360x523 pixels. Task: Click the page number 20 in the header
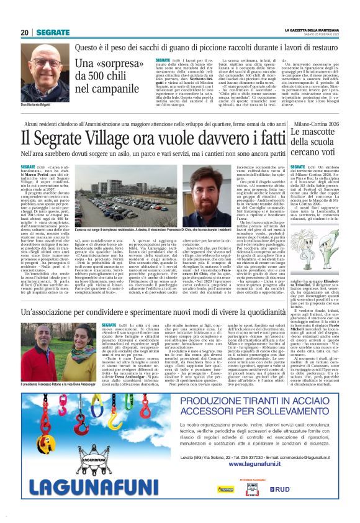[25, 32]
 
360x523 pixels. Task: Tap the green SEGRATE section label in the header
[52, 32]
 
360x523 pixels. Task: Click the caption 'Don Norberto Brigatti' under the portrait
[38, 105]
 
